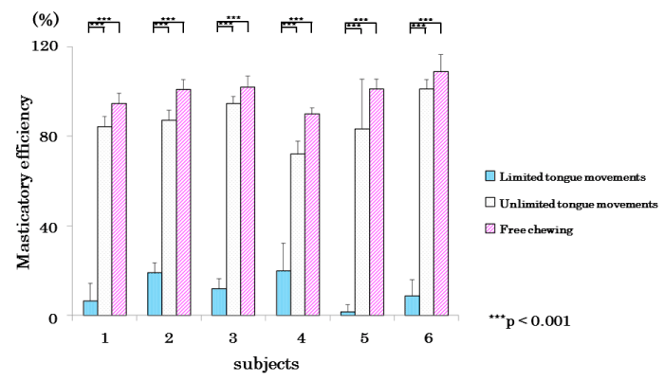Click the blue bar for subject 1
pos(90,309)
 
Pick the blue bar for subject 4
pos(284,294)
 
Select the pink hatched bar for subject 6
pos(441,194)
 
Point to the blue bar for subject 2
pos(155,295)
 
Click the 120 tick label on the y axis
pos(43,45)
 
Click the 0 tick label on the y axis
pos(52,317)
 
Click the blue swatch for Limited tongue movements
pos(490,176)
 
